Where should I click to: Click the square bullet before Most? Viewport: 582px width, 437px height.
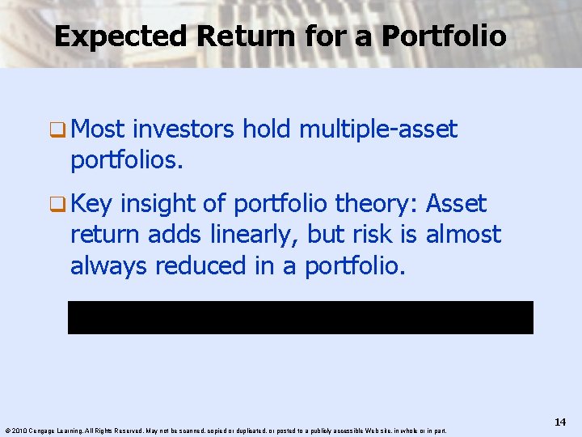[58, 129]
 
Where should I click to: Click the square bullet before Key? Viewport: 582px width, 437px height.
[58, 203]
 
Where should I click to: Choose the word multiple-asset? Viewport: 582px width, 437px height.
[377, 129]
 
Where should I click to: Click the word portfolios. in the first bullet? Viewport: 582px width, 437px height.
[127, 159]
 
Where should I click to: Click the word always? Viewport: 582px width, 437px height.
[106, 265]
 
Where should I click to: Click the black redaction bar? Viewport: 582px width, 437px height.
[300, 317]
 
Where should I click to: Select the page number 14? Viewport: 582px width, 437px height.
[560, 422]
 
